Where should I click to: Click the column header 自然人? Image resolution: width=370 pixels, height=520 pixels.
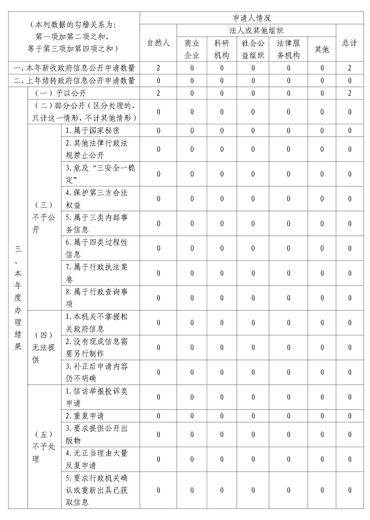click(x=158, y=43)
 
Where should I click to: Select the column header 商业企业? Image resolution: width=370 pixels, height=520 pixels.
click(x=192, y=49)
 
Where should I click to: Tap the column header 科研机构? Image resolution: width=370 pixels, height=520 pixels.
click(x=222, y=49)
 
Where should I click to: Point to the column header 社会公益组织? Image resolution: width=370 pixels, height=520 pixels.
click(x=253, y=49)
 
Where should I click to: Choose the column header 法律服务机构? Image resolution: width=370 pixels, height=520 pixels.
click(x=288, y=49)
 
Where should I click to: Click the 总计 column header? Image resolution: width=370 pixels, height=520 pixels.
click(x=349, y=43)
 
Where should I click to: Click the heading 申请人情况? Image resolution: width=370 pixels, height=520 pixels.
click(x=252, y=18)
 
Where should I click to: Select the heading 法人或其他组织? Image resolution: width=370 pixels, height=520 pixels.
click(x=256, y=30)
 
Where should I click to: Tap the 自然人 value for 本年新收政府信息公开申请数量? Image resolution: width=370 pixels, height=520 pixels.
click(x=158, y=68)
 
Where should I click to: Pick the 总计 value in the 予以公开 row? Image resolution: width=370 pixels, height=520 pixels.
click(x=349, y=93)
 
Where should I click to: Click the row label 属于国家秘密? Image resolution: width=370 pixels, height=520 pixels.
click(x=92, y=130)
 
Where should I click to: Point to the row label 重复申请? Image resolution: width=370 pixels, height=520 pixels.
click(x=85, y=416)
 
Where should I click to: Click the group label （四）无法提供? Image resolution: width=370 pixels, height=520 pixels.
click(x=44, y=347)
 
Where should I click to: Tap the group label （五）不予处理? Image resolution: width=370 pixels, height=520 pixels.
click(x=44, y=446)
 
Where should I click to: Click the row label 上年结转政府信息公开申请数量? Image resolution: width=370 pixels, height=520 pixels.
click(x=74, y=81)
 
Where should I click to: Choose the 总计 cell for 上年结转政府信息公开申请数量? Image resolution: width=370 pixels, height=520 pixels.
click(x=349, y=81)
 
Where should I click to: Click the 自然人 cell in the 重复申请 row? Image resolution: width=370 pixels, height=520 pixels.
click(x=158, y=416)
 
